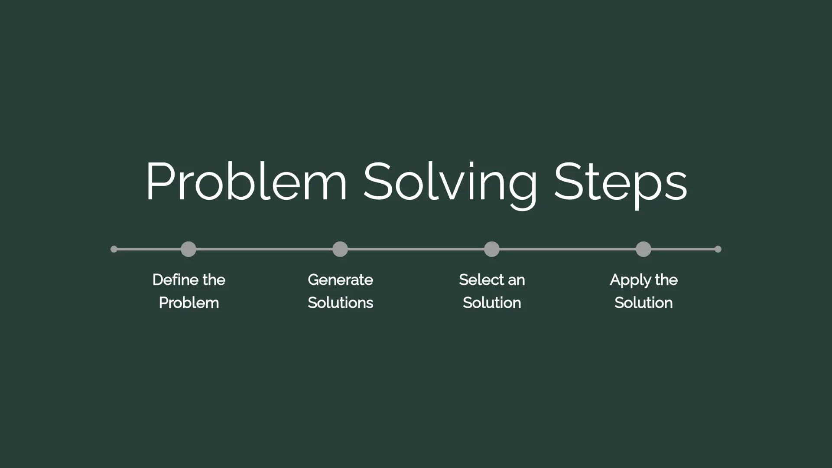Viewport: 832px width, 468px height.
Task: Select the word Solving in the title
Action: (x=450, y=184)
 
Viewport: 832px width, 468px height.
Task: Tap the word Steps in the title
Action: (x=621, y=184)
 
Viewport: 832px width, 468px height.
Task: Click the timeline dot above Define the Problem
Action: (x=188, y=249)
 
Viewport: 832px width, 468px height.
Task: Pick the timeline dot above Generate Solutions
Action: (x=340, y=249)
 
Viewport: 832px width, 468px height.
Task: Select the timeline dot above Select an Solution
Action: (x=492, y=249)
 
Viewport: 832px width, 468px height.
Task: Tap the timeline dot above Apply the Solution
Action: (x=643, y=249)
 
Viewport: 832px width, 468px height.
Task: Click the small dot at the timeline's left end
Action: (x=114, y=249)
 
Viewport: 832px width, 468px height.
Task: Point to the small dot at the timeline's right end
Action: (x=718, y=249)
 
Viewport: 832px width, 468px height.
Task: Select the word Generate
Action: (x=341, y=280)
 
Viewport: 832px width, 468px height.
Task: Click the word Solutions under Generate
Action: (x=341, y=303)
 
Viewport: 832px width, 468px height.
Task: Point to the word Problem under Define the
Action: (x=189, y=303)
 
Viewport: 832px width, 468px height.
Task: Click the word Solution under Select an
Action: (x=492, y=303)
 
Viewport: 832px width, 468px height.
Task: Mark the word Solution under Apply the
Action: (x=643, y=303)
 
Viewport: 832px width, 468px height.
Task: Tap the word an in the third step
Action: (x=517, y=281)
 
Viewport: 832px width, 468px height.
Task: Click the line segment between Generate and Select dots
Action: (x=416, y=249)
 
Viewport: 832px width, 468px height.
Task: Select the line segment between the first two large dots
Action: (x=264, y=249)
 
